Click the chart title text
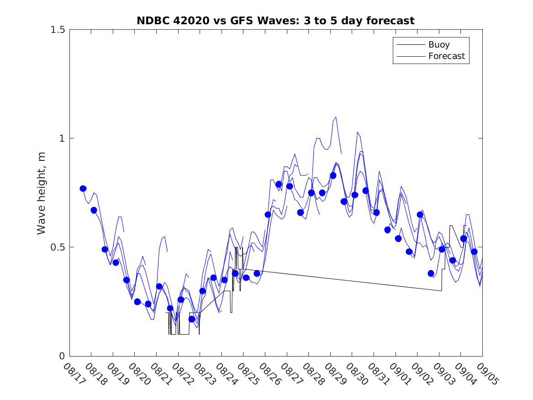point(275,21)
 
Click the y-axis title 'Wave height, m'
point(42,193)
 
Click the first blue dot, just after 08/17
point(83,188)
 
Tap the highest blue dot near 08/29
point(333,176)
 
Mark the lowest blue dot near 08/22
point(192,319)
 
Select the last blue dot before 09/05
point(474,251)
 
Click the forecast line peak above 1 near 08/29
point(336,117)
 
